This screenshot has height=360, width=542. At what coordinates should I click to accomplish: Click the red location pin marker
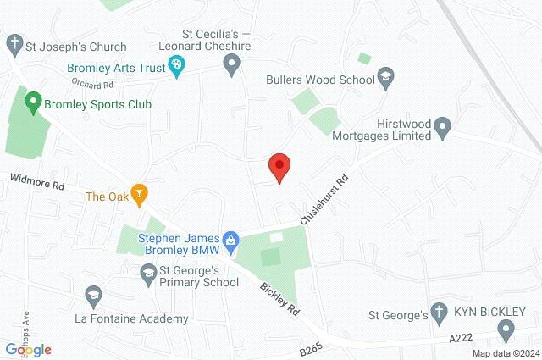tap(279, 167)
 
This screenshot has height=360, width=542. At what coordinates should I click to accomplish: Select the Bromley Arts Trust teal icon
tap(177, 66)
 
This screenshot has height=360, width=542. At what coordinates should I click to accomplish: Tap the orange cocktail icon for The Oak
tap(140, 195)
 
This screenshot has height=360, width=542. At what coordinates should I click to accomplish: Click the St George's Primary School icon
tap(147, 273)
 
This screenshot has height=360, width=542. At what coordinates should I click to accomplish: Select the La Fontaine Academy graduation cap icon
tap(94, 296)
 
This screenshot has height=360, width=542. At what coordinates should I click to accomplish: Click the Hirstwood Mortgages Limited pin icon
tap(441, 129)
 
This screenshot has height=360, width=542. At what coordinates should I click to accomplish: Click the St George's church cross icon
tap(438, 313)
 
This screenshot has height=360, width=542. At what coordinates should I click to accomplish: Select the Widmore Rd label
tap(37, 181)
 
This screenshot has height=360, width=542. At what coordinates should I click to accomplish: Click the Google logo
tap(28, 349)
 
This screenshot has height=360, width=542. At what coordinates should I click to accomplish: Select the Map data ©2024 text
tap(505, 353)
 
